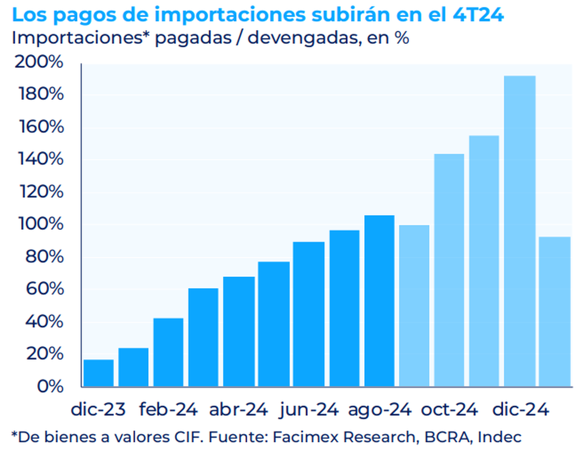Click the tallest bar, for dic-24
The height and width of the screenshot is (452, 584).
[520, 231]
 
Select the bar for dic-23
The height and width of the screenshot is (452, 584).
[99, 373]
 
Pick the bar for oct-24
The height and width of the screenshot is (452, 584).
[449, 270]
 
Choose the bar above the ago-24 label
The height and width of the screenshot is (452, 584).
[379, 301]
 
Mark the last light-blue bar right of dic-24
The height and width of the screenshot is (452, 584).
[555, 312]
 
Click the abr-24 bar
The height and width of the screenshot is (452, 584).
[239, 331]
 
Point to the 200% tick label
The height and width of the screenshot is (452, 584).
[39, 63]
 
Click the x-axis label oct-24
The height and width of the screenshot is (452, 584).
[449, 410]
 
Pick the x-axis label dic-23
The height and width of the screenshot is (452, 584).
[99, 410]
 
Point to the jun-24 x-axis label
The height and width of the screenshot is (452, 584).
[309, 410]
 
